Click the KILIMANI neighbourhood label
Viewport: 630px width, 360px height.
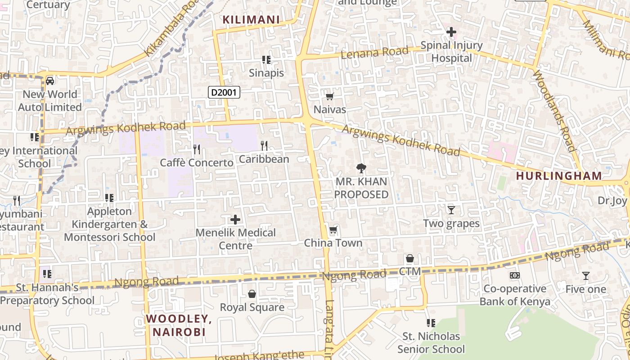251,20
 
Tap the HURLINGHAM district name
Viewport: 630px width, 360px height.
559,176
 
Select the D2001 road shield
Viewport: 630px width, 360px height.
224,93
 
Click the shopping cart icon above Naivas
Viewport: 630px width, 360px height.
330,96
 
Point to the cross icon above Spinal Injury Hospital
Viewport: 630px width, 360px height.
451,32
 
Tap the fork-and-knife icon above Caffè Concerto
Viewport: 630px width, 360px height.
197,149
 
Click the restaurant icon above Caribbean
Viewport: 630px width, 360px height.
264,145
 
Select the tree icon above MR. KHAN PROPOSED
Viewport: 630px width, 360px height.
361,168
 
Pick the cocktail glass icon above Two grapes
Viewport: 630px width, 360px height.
451,210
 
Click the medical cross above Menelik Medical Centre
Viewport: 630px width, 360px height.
235,220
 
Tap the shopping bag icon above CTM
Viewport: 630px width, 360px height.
410,258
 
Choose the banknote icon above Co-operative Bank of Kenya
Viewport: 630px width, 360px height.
515,275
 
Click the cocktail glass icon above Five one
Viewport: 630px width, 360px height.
586,276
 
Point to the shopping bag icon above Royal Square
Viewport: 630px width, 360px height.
252,294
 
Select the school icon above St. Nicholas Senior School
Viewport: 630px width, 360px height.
431,323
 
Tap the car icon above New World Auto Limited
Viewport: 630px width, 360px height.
50,81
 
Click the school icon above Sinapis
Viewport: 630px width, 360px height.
266,59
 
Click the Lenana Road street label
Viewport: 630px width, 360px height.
375,53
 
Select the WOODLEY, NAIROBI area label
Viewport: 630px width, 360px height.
179,325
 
